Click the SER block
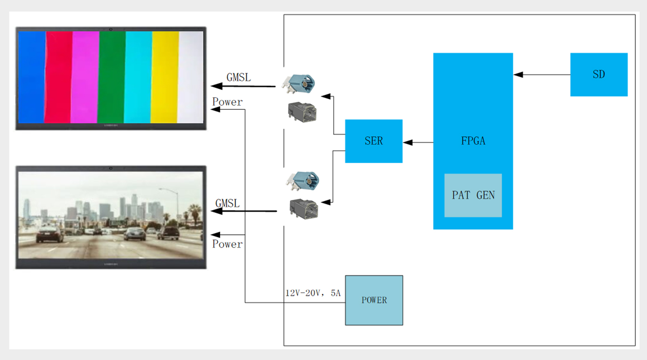tap(373, 141)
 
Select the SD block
tap(598, 74)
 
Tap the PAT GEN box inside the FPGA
tap(473, 195)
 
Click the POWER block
tap(374, 300)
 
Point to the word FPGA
tap(473, 141)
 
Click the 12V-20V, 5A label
tap(313, 293)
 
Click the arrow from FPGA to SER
tap(418, 142)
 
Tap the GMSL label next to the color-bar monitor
tap(238, 78)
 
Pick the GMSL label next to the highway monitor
tap(227, 203)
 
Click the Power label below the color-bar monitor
tap(227, 102)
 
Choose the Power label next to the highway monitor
tap(227, 244)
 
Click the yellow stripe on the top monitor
tap(165, 76)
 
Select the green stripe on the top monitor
tap(111, 76)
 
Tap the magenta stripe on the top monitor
tap(85, 76)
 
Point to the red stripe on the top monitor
tap(59, 76)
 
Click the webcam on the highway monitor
tap(111, 168)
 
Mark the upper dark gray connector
tap(303, 113)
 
